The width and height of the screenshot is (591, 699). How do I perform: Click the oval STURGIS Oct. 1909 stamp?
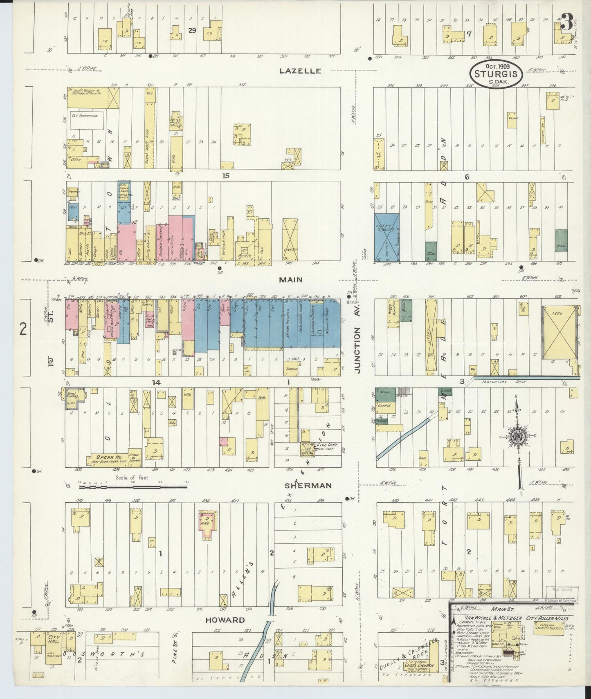(x=496, y=74)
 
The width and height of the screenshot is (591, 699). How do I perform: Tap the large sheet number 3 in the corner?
(x=567, y=23)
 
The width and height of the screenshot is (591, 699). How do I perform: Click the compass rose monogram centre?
(x=517, y=436)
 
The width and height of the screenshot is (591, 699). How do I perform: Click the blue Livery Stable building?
(x=387, y=237)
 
